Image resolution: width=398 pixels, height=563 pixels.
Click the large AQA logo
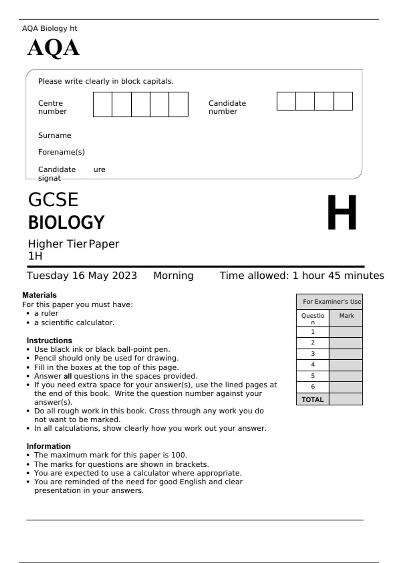point(53,48)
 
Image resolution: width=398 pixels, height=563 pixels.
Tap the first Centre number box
point(102,104)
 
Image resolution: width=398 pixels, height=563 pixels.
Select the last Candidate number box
point(343,101)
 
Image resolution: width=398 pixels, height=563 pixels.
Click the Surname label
point(55,135)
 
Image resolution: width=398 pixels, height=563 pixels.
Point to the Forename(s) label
point(61,152)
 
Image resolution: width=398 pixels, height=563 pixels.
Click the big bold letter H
point(342,213)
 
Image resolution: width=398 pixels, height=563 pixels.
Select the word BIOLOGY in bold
point(66,222)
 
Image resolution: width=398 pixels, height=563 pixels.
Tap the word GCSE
point(53,200)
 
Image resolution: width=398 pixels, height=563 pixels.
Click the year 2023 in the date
point(124,276)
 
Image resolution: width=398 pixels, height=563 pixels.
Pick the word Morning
point(173,276)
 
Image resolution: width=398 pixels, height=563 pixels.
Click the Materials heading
point(39,295)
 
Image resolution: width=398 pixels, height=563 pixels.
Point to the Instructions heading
point(49,340)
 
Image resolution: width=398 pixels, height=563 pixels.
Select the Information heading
point(48,446)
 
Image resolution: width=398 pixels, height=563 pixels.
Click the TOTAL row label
point(312,400)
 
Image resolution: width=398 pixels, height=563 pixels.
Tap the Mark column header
point(346,316)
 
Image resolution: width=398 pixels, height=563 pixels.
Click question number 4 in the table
point(313,365)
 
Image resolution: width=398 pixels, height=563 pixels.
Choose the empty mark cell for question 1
point(346,332)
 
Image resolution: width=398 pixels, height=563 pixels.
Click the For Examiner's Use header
point(332,302)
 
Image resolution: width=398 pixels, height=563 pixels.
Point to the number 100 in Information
point(179,455)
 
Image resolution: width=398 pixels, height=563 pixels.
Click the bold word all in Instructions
point(68,376)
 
